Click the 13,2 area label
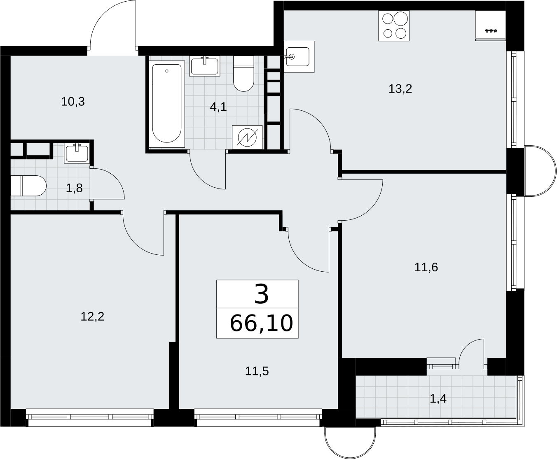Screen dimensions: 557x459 400,89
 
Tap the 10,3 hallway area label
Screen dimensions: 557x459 73,102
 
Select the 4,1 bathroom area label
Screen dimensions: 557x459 218,107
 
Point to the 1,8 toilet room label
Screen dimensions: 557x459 74,188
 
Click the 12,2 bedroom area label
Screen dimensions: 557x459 92,317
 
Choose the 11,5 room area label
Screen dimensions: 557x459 257,371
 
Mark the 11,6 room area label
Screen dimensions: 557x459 426,267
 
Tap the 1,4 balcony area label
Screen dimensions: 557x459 438,399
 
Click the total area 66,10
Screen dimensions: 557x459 262,323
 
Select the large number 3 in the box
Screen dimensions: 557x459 262,294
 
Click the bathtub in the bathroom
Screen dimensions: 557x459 167,104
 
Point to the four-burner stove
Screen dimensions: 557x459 394,26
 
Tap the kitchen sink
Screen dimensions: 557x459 299,56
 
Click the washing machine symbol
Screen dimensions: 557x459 247,137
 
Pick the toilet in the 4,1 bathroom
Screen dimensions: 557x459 243,74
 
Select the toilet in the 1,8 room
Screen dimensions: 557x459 28,186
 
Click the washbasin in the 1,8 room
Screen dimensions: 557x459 77,153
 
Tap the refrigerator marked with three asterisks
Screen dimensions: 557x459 490,26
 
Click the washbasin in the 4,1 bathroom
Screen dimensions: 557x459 205,66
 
